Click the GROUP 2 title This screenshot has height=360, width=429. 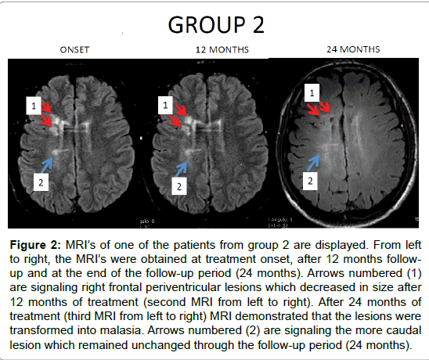pos(216,24)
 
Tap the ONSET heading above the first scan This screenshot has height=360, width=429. pos(74,50)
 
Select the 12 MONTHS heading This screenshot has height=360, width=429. pos(222,50)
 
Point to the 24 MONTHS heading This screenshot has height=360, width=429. pos(353,49)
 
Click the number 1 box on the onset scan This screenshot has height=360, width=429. pos(34,106)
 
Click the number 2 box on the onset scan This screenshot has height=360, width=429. pos(41,182)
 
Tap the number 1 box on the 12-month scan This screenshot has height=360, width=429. pos(165,105)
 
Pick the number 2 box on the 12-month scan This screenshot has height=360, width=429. pos(179,186)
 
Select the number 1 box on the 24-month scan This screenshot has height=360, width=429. pos(312,93)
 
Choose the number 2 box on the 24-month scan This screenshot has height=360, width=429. pos(310,181)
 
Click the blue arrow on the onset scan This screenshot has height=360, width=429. pos(47,165)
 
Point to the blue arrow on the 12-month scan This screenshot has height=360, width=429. pos(181,169)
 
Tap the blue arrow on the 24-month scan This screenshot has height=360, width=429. pos(313,163)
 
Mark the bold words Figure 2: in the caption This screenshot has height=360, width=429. pos(35,244)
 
